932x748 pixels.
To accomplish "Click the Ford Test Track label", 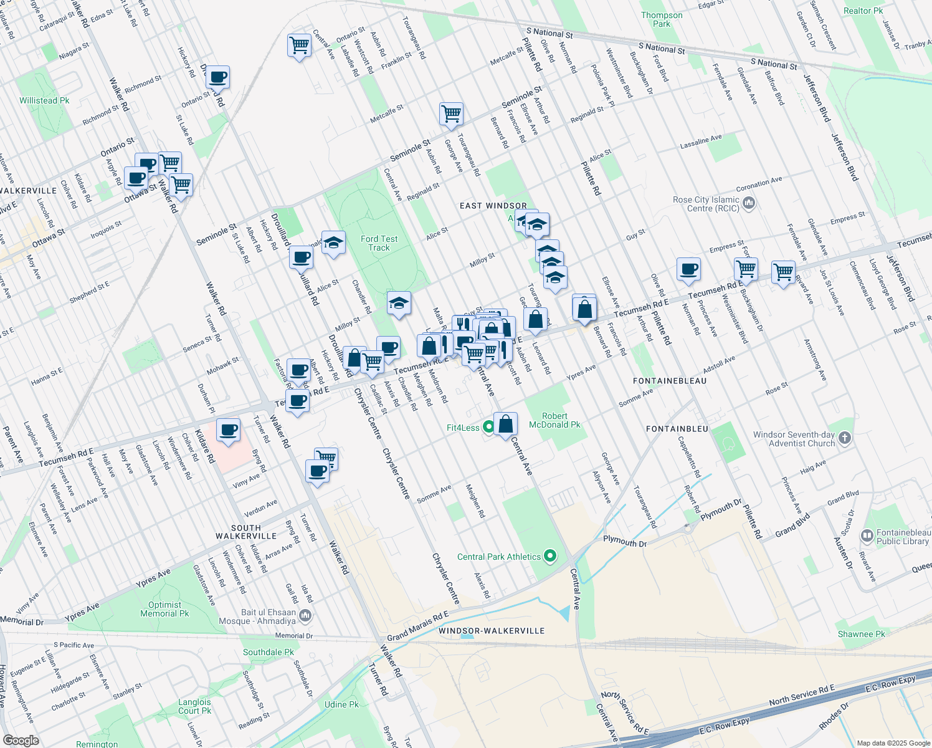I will point(379,243).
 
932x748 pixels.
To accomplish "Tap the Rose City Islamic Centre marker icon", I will point(749,203).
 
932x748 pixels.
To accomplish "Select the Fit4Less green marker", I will point(488,427).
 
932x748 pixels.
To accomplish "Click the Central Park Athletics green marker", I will point(549,556).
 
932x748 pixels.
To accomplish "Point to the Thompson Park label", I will point(662,19).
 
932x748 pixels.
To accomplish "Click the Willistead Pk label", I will point(44,100).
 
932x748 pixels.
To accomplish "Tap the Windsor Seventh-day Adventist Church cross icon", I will point(844,438).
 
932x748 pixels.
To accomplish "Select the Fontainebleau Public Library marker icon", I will point(867,536).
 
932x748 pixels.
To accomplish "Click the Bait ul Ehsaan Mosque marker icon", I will point(305,616).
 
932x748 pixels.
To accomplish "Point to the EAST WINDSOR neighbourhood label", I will point(493,206).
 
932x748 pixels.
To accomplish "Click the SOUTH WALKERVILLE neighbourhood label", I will point(246,532).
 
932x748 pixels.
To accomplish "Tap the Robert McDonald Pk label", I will point(554,420).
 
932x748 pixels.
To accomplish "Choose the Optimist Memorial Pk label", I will point(164,609).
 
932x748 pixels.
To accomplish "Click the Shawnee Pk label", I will point(861,634).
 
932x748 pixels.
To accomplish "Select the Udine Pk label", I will point(341,704).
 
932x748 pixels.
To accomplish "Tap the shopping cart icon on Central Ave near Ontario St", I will point(300,46).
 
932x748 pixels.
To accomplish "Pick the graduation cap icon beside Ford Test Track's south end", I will point(399,304).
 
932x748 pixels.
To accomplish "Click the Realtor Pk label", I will point(863,11).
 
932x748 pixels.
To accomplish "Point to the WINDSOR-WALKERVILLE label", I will point(492,631).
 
